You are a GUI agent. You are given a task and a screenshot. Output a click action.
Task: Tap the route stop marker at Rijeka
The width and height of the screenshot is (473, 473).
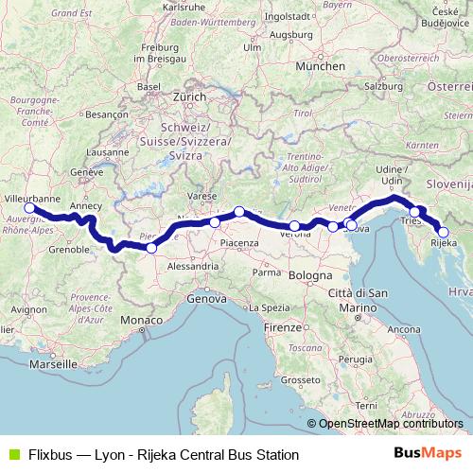pos(443,232)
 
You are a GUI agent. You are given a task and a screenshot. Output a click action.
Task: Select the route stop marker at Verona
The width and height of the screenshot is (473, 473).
pos(295,226)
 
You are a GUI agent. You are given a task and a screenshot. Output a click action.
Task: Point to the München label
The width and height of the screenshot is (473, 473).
pos(320,66)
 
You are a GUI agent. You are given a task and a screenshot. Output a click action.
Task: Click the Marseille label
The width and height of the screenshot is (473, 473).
pos(52,362)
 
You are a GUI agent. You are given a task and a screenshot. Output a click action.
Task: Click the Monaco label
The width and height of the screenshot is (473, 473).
pos(140,322)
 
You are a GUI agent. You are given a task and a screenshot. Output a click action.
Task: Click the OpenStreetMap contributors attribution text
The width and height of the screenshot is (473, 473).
pos(390,424)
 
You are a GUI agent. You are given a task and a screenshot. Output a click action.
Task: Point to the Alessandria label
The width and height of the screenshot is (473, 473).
pos(192,268)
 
